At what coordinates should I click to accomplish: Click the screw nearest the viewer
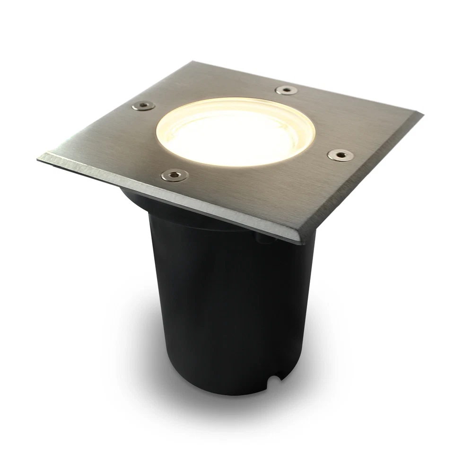[x=175, y=175]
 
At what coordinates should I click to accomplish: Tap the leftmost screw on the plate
[x=143, y=105]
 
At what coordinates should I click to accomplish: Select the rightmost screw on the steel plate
[x=340, y=155]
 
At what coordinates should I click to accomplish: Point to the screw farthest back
[x=287, y=90]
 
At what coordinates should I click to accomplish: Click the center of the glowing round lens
[x=236, y=131]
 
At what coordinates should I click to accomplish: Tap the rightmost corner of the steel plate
[x=422, y=115]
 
